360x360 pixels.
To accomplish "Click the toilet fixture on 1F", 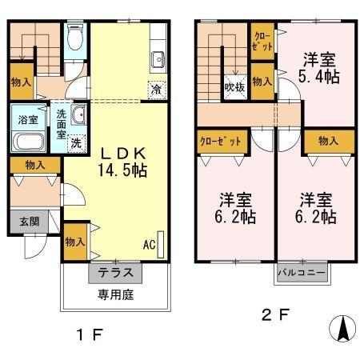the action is (75, 37).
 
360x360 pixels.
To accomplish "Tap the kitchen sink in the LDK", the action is (158, 60).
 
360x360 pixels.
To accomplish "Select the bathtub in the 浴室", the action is (29, 142).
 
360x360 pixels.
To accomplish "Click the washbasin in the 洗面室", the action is (78, 114).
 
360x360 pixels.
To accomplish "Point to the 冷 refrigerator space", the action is (157, 90).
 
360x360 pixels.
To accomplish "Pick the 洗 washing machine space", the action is (77, 143).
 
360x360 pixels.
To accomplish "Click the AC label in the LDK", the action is (149, 245).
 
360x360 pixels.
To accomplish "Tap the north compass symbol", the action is (342, 329).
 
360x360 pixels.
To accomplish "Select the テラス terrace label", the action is (115, 273).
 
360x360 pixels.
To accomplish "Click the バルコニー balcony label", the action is (302, 273).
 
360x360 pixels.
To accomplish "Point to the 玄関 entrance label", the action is (30, 222).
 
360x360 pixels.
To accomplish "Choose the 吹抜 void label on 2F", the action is (234, 87).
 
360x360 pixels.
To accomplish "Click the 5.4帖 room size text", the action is (319, 77).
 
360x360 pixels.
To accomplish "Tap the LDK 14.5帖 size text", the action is (122, 170).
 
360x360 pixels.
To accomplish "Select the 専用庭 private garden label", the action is (115, 294).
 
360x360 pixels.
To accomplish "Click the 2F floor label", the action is (275, 314).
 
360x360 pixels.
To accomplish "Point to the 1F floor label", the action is (90, 334).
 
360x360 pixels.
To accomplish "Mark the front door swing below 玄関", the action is (35, 246).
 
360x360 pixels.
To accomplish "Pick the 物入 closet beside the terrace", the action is (75, 242).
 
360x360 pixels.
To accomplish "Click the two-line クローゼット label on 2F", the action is (262, 42).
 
